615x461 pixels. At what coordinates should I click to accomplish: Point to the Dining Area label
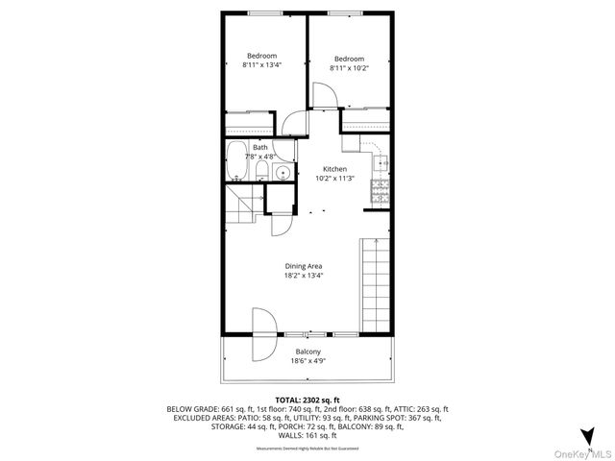(304, 265)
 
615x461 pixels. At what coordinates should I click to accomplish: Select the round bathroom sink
(283, 173)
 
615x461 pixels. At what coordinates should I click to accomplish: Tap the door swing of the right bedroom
(324, 97)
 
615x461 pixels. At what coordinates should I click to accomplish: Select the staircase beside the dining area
(375, 285)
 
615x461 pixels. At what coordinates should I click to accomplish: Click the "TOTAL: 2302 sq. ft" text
(308, 400)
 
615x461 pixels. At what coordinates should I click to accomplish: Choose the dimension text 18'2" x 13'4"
(304, 275)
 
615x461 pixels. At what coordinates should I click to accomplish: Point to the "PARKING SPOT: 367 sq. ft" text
(397, 419)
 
